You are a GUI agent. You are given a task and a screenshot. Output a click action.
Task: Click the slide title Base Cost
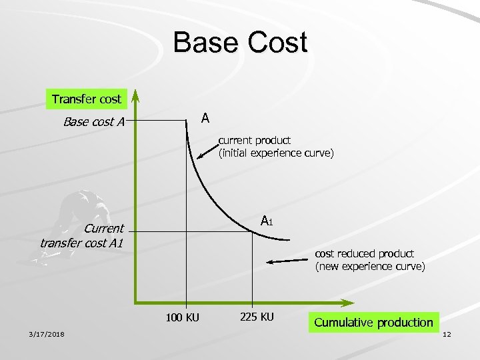pos(240,43)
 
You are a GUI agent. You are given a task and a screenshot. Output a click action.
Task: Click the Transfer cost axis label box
pos(87,99)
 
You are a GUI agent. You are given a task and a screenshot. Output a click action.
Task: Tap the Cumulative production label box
pos(373,323)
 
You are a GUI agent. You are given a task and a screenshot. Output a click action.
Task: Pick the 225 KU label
pos(256,316)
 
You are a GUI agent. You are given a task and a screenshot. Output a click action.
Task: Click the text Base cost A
pos(94,121)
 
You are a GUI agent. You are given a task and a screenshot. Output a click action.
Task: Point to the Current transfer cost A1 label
pos(82,235)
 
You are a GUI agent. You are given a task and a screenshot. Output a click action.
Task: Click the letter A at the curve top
pos(205,118)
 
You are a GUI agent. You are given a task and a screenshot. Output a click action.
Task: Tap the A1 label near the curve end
pos(267,221)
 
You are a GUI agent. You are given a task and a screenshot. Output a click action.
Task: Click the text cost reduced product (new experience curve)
pos(369,260)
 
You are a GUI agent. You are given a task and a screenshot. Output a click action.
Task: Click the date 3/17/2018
pos(47,334)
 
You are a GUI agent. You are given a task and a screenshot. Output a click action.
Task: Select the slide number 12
pos(446,334)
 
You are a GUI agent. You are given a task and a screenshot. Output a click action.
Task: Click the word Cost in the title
pos(275,43)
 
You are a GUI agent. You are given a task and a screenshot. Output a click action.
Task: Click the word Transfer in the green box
pos(73,99)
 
